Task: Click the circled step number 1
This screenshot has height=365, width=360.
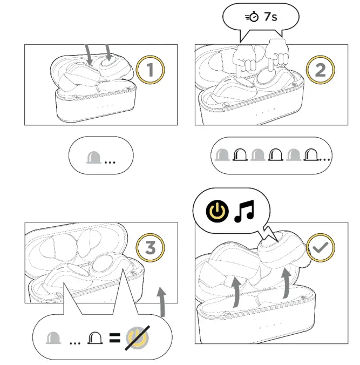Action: (x=150, y=70)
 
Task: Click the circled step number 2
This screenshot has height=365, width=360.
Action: (x=321, y=70)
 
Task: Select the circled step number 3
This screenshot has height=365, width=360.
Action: (x=150, y=247)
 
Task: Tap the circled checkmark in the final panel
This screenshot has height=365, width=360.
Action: (x=321, y=247)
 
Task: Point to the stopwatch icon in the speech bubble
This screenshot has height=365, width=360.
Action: (x=252, y=17)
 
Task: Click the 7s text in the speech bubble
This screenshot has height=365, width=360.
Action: (x=270, y=17)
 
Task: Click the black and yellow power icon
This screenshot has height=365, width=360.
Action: (x=218, y=211)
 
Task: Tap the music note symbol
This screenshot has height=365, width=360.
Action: (x=244, y=211)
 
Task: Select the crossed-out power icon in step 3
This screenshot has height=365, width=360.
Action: (x=137, y=337)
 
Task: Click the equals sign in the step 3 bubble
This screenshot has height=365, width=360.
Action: (x=115, y=338)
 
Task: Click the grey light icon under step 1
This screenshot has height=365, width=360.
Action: (x=94, y=157)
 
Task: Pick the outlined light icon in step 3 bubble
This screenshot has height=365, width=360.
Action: (x=95, y=338)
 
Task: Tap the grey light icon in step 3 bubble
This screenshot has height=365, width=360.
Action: (x=53, y=338)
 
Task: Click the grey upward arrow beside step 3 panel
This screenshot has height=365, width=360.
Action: (x=161, y=301)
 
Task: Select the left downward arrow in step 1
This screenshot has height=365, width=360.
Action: (x=89, y=55)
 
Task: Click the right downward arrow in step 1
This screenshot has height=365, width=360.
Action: (x=108, y=52)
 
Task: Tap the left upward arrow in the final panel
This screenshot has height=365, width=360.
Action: (x=236, y=293)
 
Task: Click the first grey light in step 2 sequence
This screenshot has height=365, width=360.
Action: (x=222, y=154)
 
